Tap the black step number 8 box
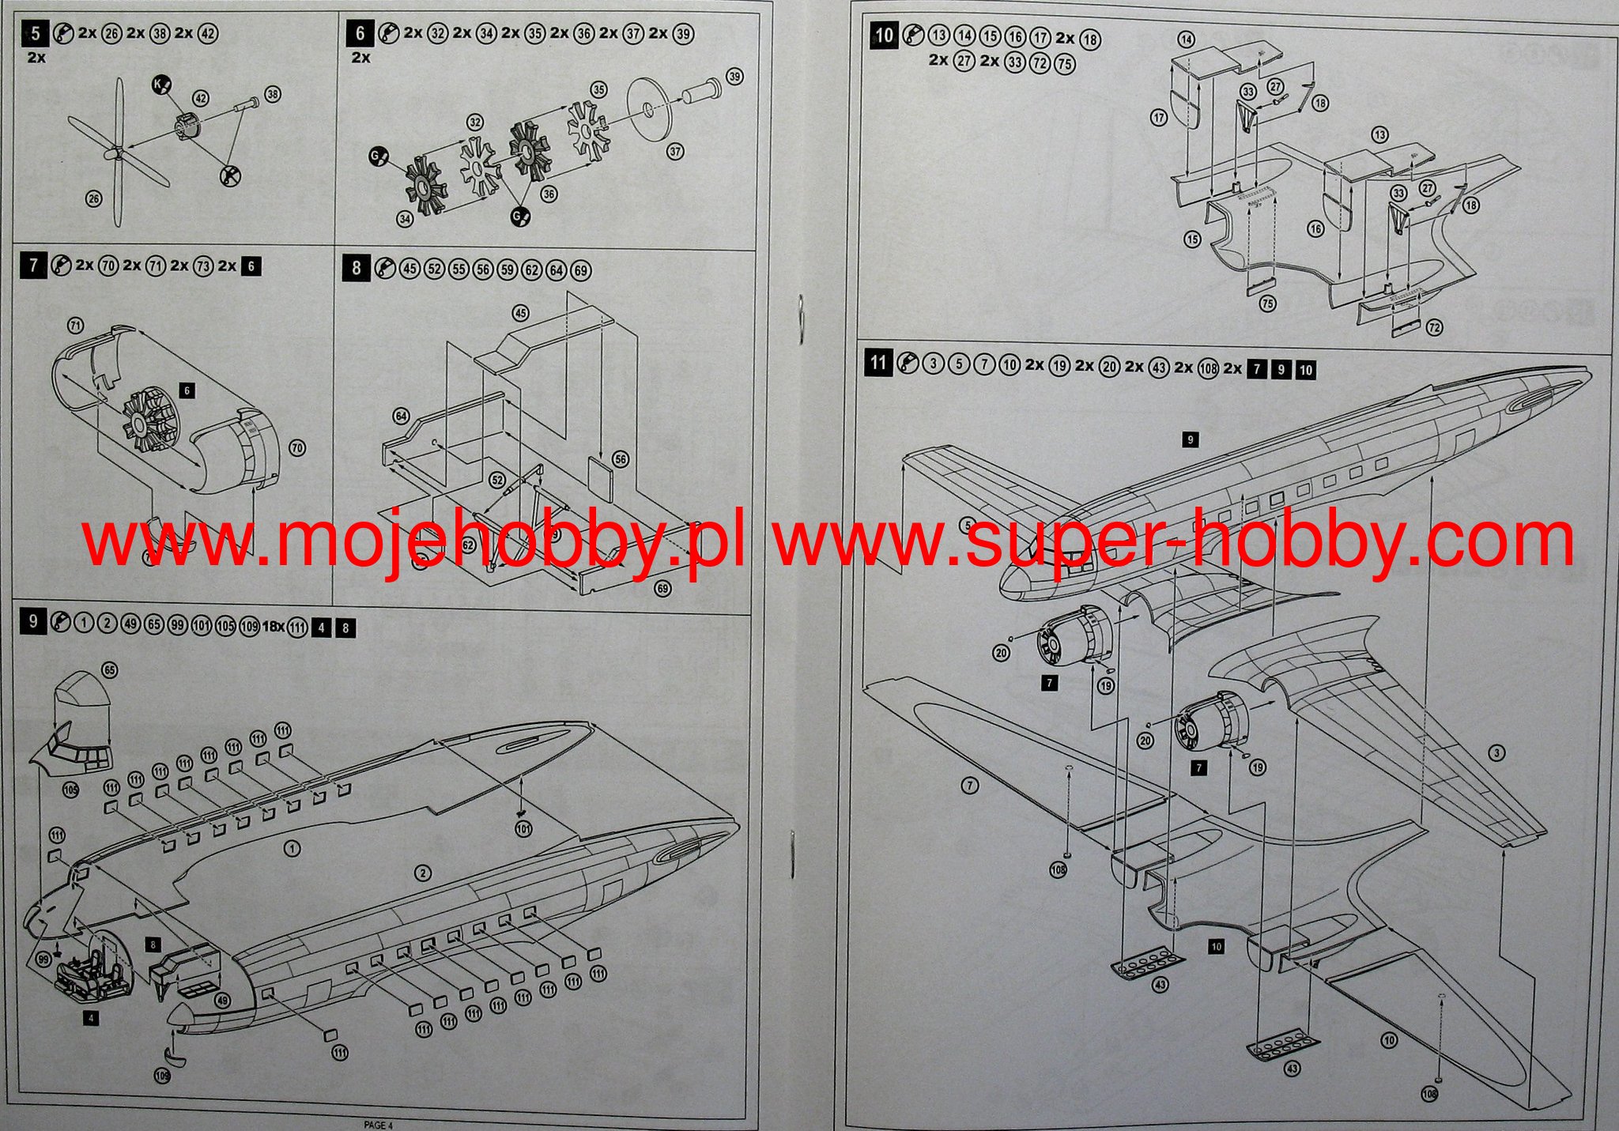(356, 269)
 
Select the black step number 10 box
(884, 36)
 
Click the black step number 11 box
(877, 364)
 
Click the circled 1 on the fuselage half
(292, 849)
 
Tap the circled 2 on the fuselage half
(424, 873)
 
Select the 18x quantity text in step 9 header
(273, 627)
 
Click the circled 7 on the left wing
(969, 786)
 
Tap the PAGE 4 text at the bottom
(377, 1125)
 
